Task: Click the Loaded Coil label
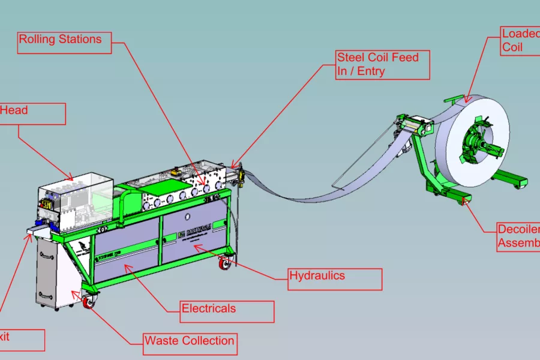(x=520, y=40)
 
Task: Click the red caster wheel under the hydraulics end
(x=226, y=263)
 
